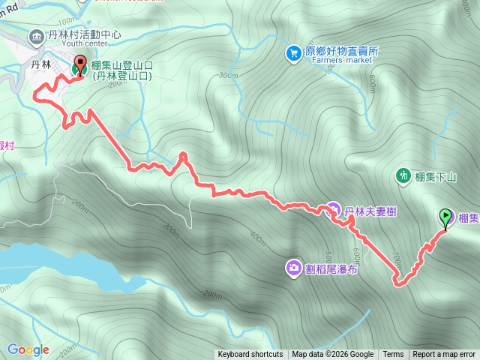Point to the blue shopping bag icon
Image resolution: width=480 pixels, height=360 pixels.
pyautogui.click(x=294, y=52)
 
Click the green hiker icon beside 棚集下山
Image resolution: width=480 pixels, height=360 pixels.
pyautogui.click(x=403, y=175)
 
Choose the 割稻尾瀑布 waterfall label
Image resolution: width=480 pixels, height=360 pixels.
pyautogui.click(x=331, y=267)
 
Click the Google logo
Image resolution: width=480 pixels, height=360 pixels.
pyautogui.click(x=28, y=349)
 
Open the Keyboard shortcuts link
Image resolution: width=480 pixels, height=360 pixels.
pyautogui.click(x=250, y=355)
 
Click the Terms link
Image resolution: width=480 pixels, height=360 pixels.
pyautogui.click(x=393, y=355)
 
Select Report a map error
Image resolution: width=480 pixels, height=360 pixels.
pyautogui.click(x=444, y=355)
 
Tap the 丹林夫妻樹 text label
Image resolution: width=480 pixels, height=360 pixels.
pyautogui.click(x=370, y=212)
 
